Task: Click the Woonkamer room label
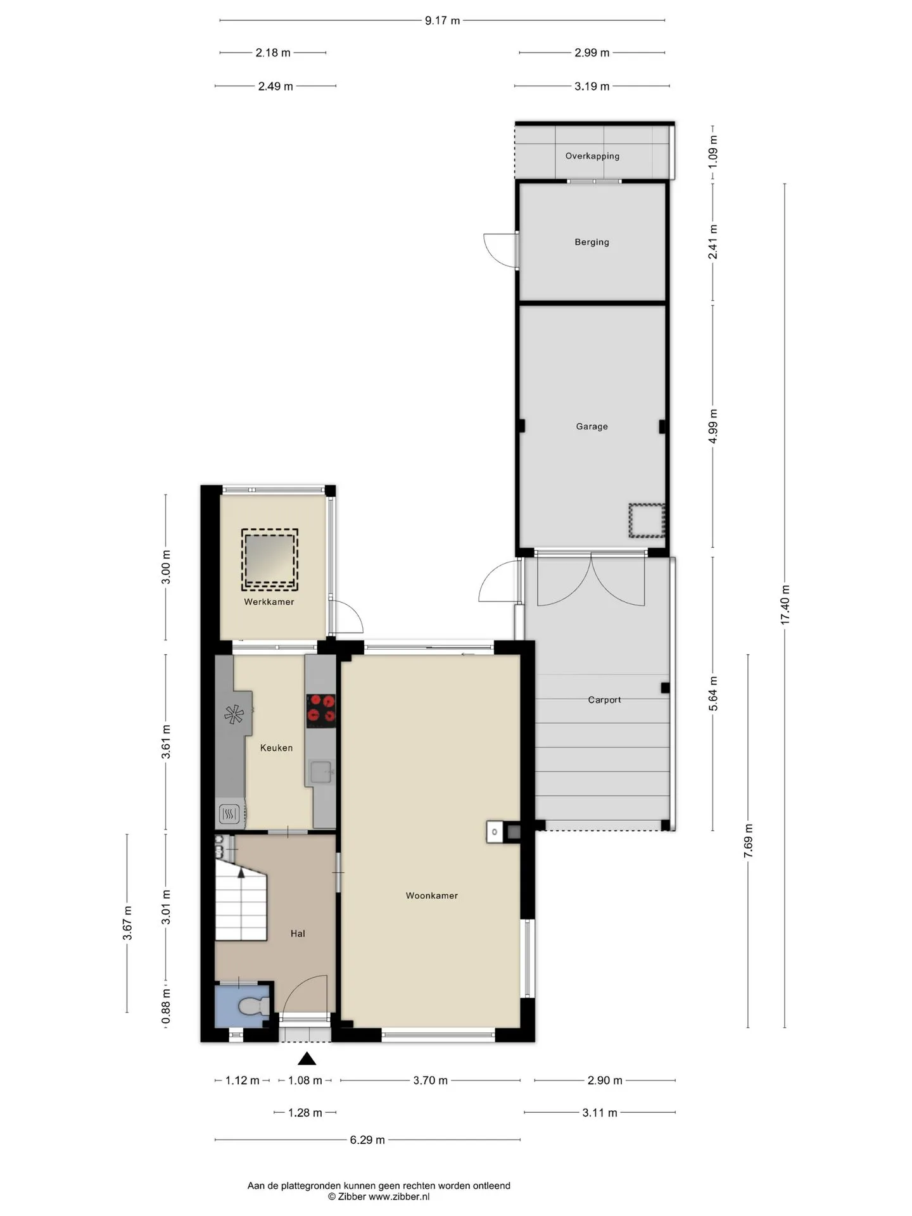(431, 896)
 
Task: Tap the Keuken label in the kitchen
(276, 748)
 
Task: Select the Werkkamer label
(269, 602)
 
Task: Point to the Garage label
(592, 426)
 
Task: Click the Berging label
(592, 242)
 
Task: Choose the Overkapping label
(592, 156)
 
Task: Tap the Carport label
(604, 700)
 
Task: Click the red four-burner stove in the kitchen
(321, 711)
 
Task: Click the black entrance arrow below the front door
(307, 1058)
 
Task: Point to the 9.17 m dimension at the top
(442, 20)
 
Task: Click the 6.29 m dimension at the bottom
(367, 1140)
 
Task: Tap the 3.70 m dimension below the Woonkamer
(431, 1080)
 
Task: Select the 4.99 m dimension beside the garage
(713, 427)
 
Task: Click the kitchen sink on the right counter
(322, 772)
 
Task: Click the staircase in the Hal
(241, 899)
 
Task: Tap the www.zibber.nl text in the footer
(399, 1196)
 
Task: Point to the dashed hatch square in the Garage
(647, 521)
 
